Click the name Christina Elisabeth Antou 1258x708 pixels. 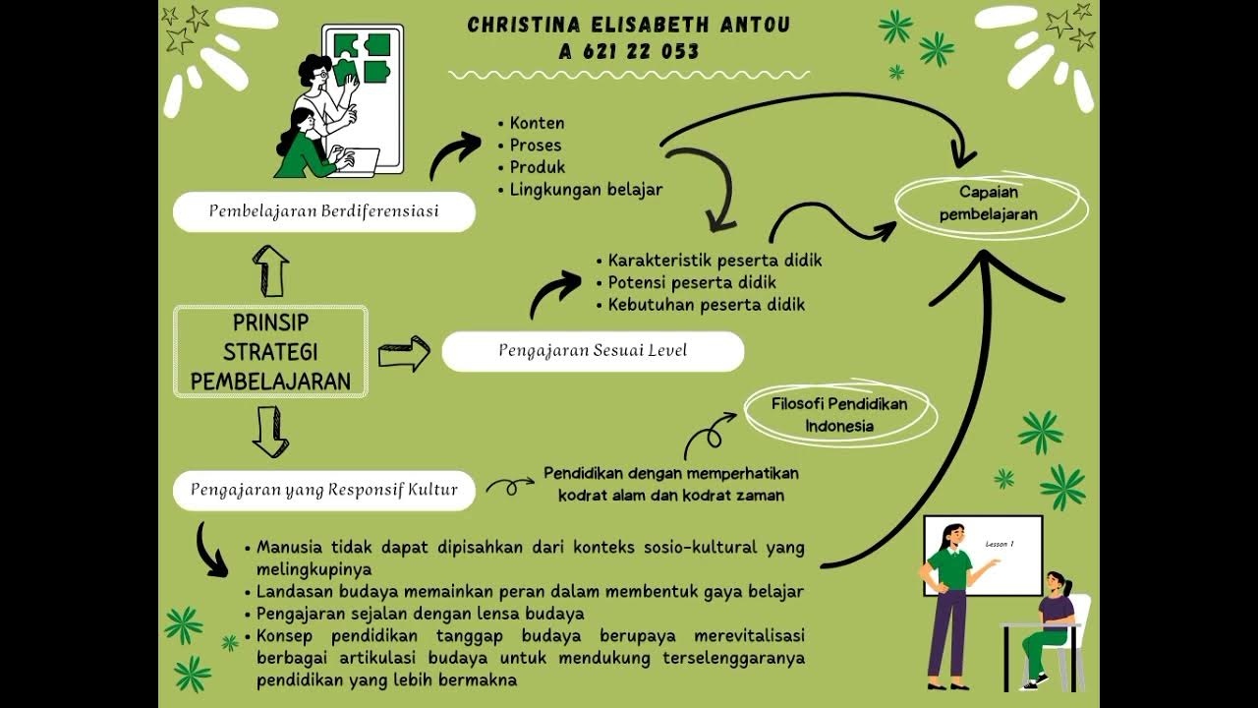(628, 25)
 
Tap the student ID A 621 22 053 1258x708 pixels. (628, 52)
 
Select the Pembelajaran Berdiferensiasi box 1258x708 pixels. (323, 211)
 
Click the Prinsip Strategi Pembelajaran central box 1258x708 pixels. (270, 352)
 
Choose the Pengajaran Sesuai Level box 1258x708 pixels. (592, 351)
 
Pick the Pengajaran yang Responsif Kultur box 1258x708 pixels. (323, 490)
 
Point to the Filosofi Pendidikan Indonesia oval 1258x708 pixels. (838, 415)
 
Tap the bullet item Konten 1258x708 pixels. (537, 124)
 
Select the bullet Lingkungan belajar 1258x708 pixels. (586, 189)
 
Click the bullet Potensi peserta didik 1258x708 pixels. (692, 283)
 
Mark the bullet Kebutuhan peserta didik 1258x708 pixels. (706, 305)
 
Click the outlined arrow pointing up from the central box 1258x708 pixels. (270, 270)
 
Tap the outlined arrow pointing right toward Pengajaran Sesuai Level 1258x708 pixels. (404, 353)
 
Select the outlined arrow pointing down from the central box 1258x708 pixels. (270, 433)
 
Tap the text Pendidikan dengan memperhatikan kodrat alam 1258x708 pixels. (671, 474)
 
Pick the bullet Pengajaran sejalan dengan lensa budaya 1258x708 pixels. (420, 614)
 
